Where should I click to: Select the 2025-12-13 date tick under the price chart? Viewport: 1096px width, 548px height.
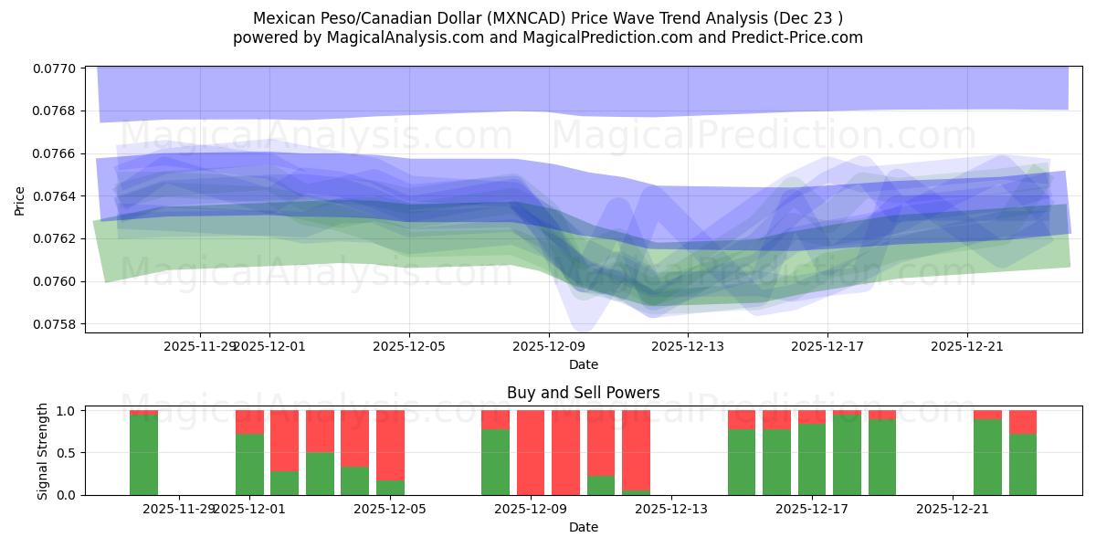tap(688, 347)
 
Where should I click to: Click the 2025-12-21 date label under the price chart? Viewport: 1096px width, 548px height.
tap(967, 347)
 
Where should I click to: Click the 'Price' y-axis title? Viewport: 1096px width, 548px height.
tap(20, 199)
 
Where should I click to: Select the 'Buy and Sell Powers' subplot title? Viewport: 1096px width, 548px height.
tap(583, 394)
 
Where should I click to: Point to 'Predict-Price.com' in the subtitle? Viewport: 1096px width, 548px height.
tap(790, 37)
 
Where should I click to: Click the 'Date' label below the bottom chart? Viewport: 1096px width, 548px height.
tap(583, 527)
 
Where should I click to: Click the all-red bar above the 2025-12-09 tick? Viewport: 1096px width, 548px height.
tap(531, 452)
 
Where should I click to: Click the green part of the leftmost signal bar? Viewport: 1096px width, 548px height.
tap(143, 455)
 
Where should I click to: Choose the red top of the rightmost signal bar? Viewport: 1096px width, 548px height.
tap(1023, 421)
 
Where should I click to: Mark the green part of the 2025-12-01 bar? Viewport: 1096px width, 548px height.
tap(249, 464)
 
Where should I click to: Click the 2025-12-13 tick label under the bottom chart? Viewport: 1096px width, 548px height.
tap(670, 509)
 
